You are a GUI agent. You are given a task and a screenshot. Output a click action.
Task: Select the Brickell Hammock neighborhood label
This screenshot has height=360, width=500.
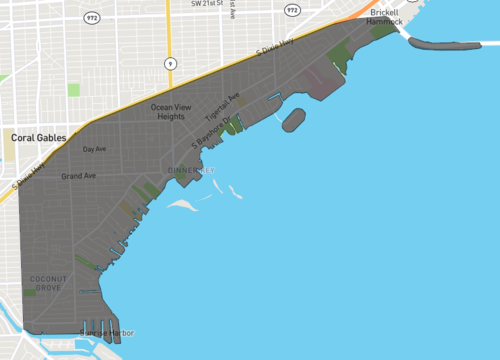pos(384,16)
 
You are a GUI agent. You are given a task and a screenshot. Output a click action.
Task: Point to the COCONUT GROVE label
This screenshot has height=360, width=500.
pos(47,282)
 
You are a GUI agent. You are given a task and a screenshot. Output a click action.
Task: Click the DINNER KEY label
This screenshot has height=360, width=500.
pos(192,170)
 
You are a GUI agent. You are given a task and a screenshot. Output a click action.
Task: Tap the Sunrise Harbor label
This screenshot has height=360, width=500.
pos(108,332)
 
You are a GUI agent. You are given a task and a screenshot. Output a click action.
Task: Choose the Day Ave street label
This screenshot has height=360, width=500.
pos(94,149)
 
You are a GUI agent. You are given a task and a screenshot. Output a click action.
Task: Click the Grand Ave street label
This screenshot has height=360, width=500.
pos(78,176)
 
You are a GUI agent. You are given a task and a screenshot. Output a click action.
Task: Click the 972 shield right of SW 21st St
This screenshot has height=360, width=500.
pos(291,10)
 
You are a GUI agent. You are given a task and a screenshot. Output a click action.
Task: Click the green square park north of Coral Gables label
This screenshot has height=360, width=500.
pos(73,90)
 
